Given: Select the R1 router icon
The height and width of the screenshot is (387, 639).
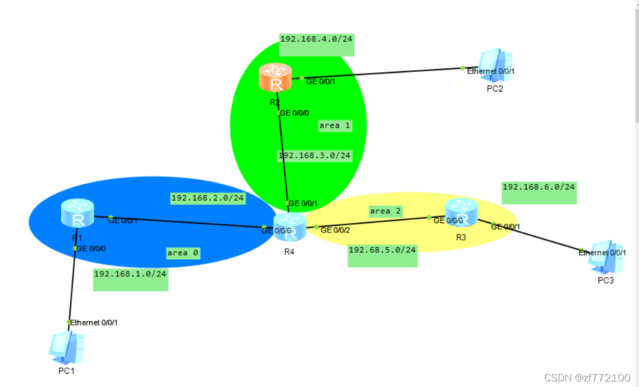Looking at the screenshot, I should [x=78, y=213].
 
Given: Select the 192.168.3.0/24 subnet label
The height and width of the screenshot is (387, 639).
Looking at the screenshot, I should [x=314, y=155].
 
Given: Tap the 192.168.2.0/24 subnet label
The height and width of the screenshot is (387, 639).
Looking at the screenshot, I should [x=208, y=198].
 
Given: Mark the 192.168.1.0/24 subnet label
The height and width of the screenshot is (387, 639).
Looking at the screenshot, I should [x=130, y=273].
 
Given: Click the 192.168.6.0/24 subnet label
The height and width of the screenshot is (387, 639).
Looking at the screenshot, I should [x=539, y=187].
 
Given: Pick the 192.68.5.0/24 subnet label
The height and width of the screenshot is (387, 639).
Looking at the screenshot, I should [x=382, y=249].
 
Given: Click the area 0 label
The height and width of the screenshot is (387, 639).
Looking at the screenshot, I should [x=183, y=253].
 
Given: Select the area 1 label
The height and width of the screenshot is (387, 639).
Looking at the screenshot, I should [x=334, y=126].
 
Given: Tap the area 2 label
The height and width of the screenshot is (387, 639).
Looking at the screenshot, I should [x=385, y=211].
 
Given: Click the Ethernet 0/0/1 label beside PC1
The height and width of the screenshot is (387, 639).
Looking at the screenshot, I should [x=94, y=322].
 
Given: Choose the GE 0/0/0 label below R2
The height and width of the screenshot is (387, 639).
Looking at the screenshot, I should [x=294, y=113].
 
